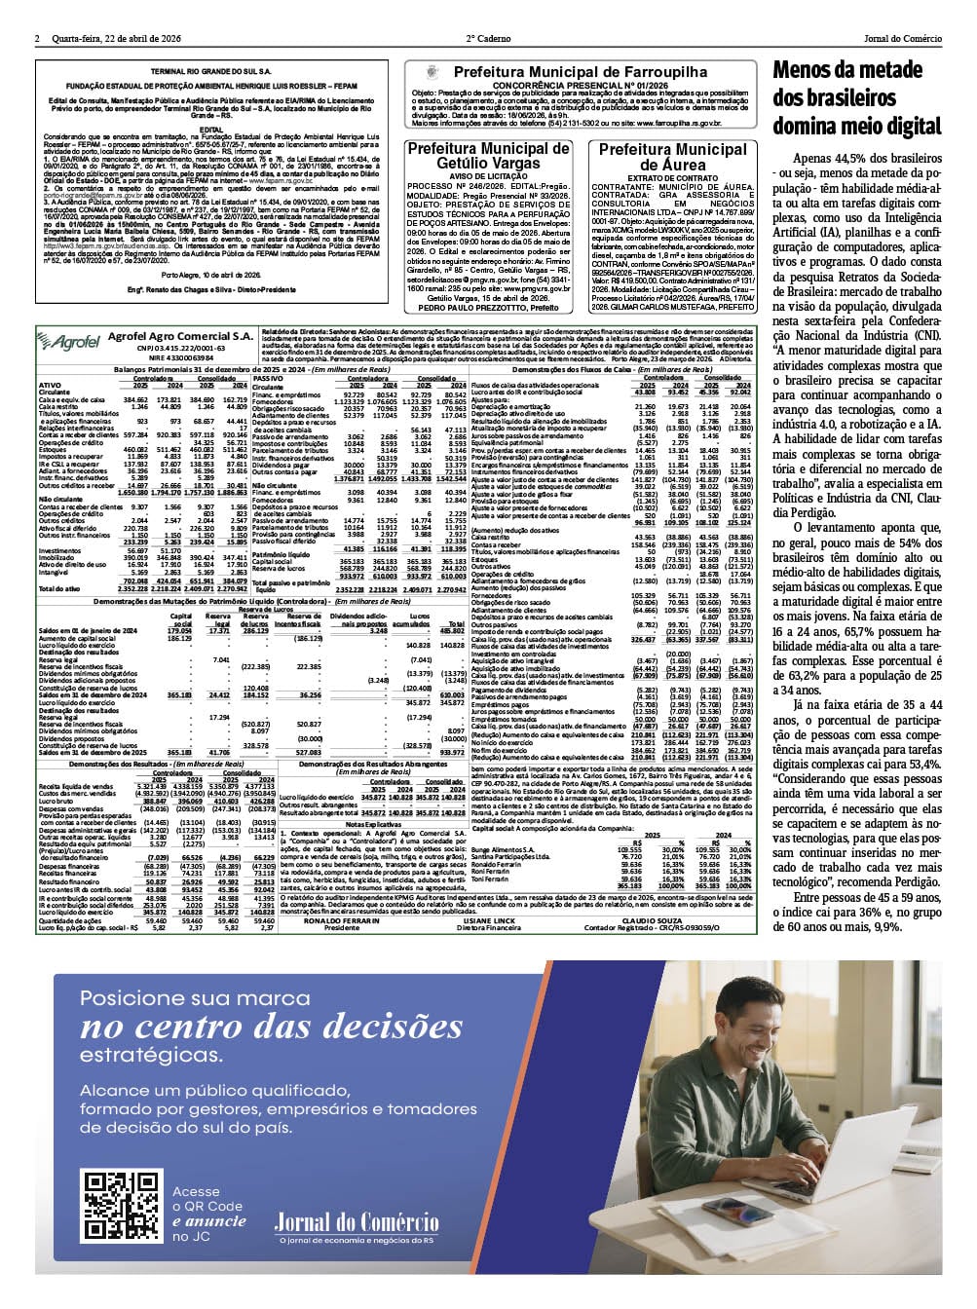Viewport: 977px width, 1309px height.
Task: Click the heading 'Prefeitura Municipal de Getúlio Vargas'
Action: pyautogui.click(x=488, y=156)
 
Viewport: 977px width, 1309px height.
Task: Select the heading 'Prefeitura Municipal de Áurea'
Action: pyautogui.click(x=672, y=157)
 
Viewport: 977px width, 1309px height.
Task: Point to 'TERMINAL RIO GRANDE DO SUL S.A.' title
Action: pyautogui.click(x=210, y=72)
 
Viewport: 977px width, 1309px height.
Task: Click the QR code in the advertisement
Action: pyautogui.click(x=119, y=1207)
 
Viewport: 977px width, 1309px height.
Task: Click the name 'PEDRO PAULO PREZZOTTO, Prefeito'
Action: pyautogui.click(x=488, y=307)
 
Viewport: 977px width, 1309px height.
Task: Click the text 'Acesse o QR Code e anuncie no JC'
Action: pyautogui.click(x=208, y=1214)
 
